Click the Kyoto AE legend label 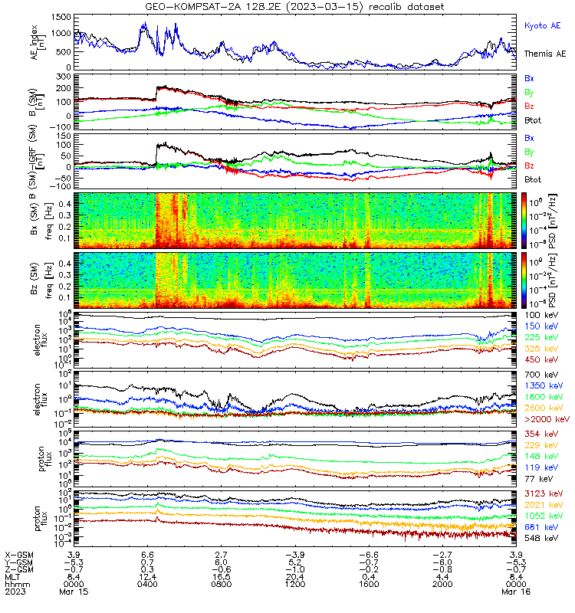click(542, 26)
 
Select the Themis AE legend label click(545, 54)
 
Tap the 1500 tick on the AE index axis click(61, 17)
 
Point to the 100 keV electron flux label click(541, 315)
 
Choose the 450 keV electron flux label click(541, 359)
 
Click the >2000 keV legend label click(547, 419)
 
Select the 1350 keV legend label click(544, 386)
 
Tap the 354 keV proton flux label click(541, 434)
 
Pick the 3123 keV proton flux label click(544, 493)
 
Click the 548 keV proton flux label click(541, 539)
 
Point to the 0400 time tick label click(147, 584)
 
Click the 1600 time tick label click(369, 584)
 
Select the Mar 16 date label click(516, 592)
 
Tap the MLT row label click(12, 577)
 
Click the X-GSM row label click(19, 555)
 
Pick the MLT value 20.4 click(295, 577)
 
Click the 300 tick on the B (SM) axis click(64, 77)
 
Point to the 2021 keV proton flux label click(544, 505)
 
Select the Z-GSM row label click(19, 569)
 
